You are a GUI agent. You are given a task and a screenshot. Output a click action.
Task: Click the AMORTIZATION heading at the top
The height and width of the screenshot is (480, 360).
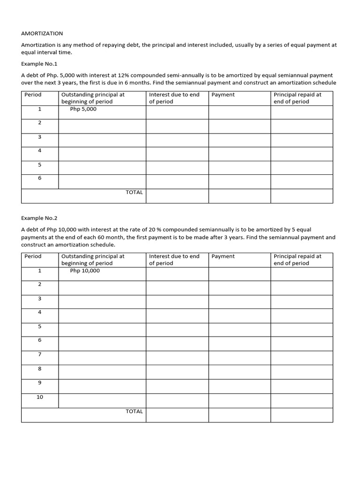(x=42, y=34)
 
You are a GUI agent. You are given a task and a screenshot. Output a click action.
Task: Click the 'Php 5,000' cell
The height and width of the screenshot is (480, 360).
(x=83, y=109)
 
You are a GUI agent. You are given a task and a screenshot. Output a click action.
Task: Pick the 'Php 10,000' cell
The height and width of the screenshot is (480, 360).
(x=85, y=270)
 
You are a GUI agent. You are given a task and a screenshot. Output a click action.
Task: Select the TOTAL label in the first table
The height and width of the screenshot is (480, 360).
(x=134, y=192)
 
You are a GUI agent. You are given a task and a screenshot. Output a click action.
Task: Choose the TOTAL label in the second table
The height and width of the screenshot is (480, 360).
(x=134, y=411)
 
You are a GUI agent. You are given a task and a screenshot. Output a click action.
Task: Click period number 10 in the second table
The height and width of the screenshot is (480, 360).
(x=40, y=397)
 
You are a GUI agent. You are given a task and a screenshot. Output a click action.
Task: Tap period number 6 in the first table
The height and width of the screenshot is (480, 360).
(x=40, y=178)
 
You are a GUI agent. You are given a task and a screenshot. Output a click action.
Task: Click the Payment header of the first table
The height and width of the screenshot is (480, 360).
(x=223, y=95)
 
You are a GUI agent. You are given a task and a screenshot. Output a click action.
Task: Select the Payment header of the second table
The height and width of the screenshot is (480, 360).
(x=223, y=256)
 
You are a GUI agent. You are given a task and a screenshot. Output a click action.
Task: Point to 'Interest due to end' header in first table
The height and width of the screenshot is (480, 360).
(x=174, y=95)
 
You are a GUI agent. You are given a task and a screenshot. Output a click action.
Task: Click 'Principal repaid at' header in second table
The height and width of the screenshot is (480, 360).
(x=298, y=256)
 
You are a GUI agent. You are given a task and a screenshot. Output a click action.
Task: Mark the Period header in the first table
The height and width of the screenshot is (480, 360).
(x=33, y=95)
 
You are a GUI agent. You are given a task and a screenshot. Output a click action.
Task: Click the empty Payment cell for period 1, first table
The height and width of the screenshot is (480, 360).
(x=239, y=112)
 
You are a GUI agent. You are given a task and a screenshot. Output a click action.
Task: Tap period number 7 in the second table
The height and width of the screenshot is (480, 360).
(x=40, y=354)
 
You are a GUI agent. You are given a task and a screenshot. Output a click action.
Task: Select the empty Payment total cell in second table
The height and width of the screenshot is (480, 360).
(x=239, y=415)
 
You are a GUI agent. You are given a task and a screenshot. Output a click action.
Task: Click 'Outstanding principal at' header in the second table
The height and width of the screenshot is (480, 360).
(x=93, y=256)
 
